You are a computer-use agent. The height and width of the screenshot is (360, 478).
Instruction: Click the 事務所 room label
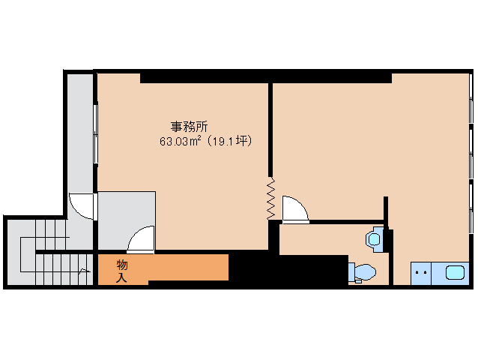189,127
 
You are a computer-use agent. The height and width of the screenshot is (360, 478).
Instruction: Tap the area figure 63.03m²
180,141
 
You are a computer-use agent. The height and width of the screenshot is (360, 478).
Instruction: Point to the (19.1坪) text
229,141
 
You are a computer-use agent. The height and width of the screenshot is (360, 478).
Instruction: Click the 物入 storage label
122,271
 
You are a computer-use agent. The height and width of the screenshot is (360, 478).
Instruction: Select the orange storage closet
163,268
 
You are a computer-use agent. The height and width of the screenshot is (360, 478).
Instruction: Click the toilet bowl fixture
363,271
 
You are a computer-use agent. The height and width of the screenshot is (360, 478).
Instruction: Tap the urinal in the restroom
375,239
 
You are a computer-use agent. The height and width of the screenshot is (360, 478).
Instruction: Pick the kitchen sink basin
455,273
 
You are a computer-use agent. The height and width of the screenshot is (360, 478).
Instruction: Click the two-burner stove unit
421,273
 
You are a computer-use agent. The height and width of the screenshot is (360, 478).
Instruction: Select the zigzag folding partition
270,199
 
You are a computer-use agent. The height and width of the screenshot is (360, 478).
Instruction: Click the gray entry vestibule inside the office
127,220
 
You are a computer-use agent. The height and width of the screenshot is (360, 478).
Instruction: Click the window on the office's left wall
95,133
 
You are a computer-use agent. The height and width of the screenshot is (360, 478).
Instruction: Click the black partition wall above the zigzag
270,130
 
